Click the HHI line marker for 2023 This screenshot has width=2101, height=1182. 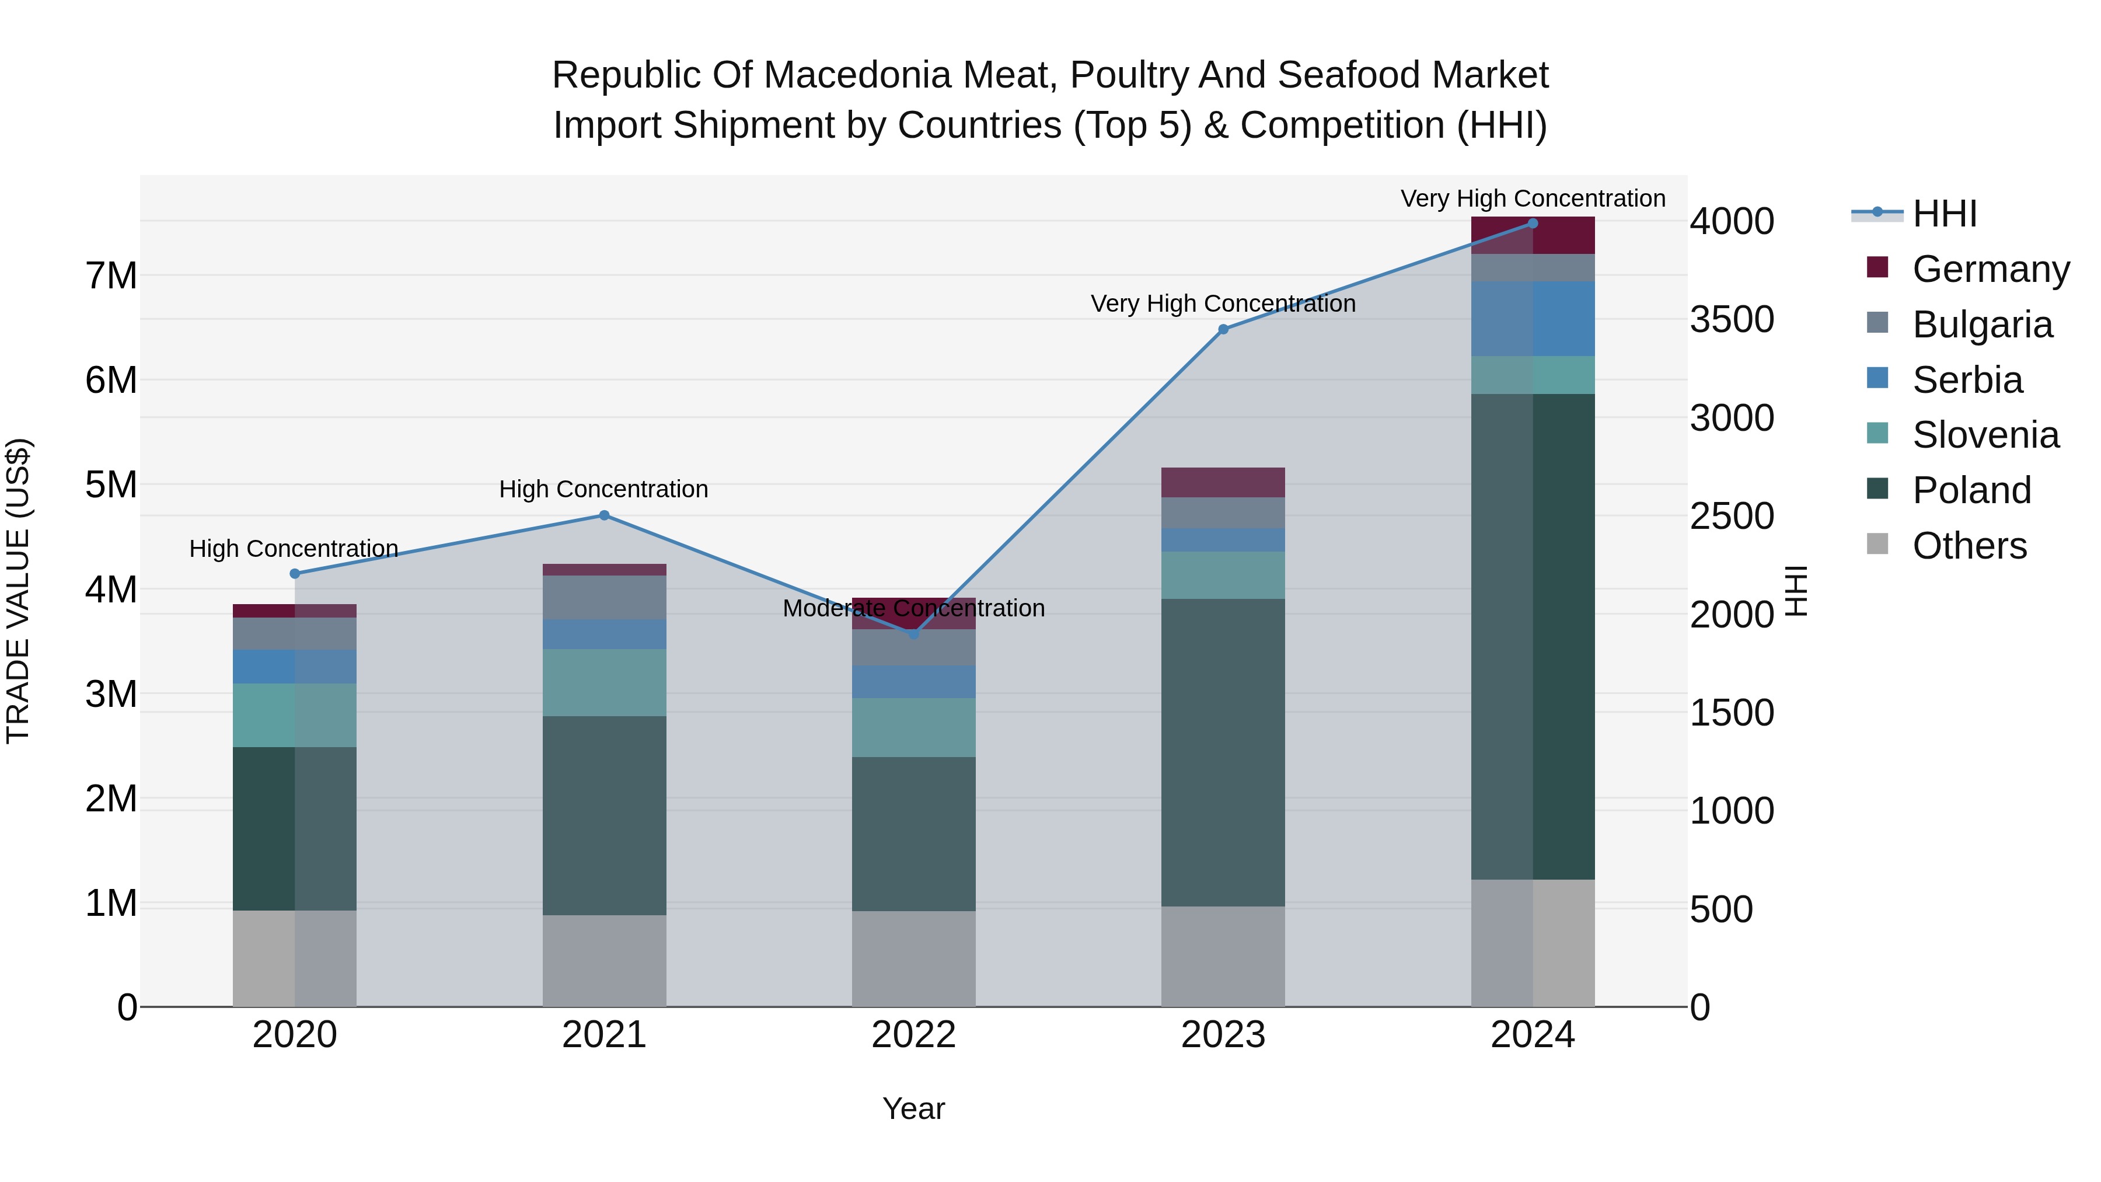pyautogui.click(x=1223, y=330)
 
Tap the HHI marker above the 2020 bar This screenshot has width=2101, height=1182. pyautogui.click(x=295, y=573)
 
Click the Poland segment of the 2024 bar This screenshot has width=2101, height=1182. pyautogui.click(x=1533, y=636)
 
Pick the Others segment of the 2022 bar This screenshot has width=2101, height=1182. pyautogui.click(x=913, y=958)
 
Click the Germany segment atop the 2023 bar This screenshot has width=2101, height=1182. pyautogui.click(x=1223, y=482)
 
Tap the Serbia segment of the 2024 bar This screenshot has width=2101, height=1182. pyautogui.click(x=1533, y=319)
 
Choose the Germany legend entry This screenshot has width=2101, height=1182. pyautogui.click(x=1990, y=269)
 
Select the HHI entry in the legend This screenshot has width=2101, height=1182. pyautogui.click(x=1945, y=214)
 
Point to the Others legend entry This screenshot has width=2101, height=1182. pyautogui.click(x=1969, y=546)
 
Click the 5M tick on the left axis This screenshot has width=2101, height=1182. pyautogui.click(x=111, y=484)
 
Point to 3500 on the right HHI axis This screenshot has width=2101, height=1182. pyautogui.click(x=1732, y=320)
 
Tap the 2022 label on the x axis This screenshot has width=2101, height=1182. pyautogui.click(x=913, y=1035)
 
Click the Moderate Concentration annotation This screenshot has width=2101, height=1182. pyautogui.click(x=913, y=609)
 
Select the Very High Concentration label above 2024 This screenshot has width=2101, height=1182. pyautogui.click(x=1533, y=198)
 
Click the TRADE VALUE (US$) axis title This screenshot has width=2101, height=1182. pyautogui.click(x=18, y=591)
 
